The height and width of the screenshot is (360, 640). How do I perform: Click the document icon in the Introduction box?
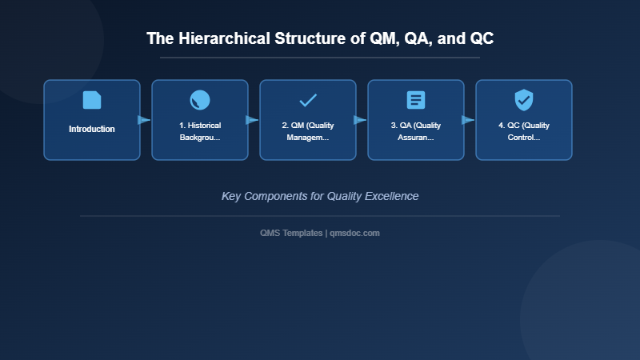92,100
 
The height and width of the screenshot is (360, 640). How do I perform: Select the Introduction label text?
92,129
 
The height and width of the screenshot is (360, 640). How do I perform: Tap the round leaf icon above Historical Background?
200,100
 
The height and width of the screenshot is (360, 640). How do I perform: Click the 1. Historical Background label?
200,131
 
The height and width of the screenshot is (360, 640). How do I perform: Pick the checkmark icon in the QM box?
308,100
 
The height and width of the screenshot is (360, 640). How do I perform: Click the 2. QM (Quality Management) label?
308,131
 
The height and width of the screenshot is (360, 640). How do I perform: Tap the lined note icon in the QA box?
416,100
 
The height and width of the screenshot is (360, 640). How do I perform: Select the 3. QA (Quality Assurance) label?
416,131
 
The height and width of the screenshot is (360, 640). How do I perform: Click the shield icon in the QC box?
524,100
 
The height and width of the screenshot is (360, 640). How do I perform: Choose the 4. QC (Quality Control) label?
524,131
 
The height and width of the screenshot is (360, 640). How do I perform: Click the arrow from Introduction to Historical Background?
144,120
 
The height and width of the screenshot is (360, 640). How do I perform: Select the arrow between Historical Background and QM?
252,120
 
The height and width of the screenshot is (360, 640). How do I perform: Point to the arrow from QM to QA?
360,120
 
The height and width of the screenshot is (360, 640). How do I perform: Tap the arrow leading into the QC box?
468,120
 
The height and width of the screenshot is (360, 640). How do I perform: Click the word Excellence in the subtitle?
392,196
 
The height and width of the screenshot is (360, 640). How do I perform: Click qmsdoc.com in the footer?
355,233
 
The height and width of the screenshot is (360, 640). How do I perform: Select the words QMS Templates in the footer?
291,233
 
